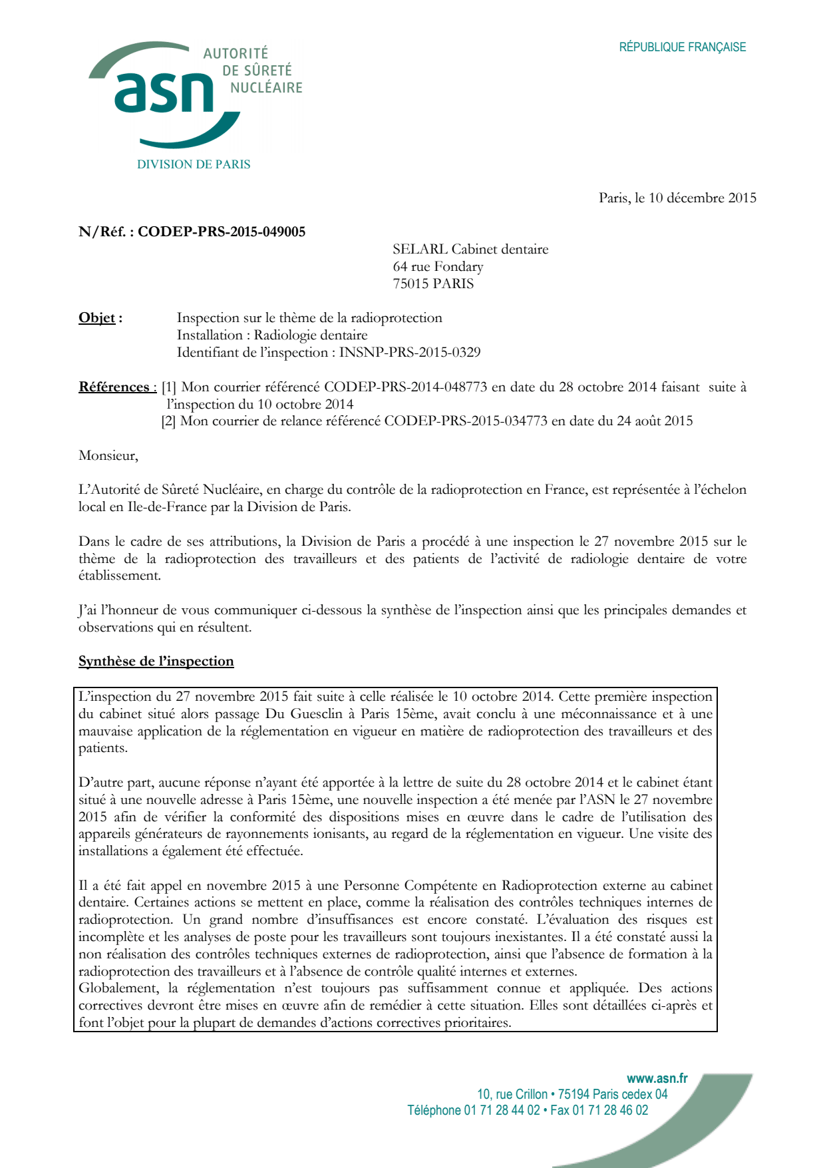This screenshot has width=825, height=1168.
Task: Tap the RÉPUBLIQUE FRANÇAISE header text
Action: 682,47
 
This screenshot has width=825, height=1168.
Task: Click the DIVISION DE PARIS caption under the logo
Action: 194,164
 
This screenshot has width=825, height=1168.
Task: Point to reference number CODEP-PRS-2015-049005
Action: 222,232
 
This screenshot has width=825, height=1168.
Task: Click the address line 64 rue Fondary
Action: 438,266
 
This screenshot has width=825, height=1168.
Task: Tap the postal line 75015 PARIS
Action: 433,284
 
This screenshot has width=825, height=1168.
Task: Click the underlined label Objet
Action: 97,317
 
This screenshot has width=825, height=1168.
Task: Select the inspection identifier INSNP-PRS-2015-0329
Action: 410,352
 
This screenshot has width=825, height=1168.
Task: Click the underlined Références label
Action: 114,387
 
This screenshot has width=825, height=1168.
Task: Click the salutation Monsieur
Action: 108,455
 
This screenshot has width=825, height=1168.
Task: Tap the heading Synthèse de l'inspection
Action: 156,661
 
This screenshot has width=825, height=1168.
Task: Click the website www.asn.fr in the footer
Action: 657,1079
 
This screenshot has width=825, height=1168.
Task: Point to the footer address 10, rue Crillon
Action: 512,1094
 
